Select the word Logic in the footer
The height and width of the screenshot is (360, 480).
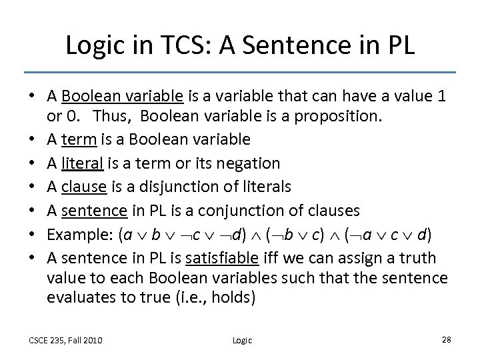click(x=243, y=340)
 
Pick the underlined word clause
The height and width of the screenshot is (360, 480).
click(x=81, y=187)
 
